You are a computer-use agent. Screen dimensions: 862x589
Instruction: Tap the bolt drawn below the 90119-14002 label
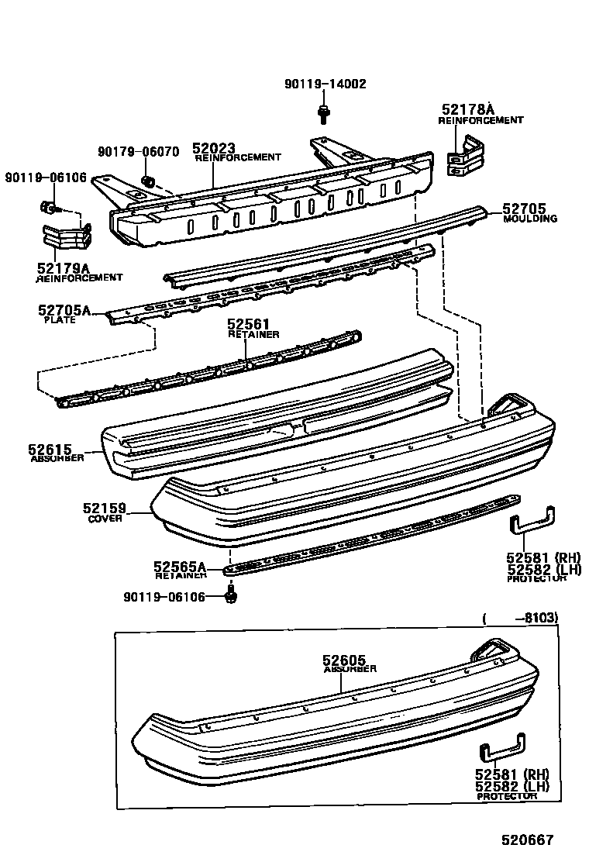(x=322, y=114)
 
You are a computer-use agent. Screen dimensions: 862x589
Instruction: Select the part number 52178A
(x=467, y=109)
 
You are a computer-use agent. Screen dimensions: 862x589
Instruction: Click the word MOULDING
(x=530, y=219)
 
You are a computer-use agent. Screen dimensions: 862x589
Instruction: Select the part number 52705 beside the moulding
(x=524, y=209)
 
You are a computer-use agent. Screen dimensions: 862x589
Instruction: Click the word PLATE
(x=60, y=320)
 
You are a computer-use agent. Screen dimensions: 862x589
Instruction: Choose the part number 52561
(x=248, y=324)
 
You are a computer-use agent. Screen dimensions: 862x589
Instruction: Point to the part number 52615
(x=50, y=449)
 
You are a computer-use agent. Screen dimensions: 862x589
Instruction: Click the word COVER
(x=105, y=519)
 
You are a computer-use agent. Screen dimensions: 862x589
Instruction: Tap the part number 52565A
(x=180, y=566)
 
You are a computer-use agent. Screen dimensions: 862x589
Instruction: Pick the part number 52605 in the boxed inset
(x=344, y=660)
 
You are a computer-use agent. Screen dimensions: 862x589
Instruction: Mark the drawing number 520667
(x=527, y=840)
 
